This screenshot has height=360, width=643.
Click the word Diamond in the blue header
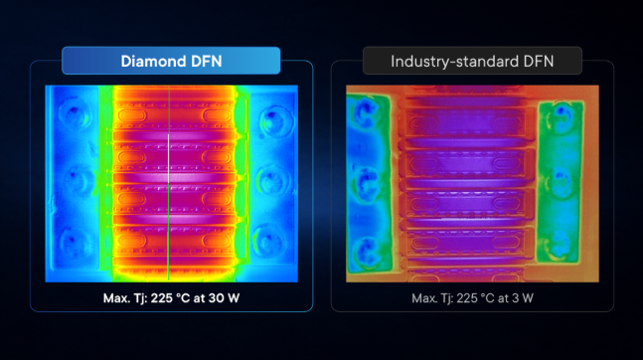point(149,62)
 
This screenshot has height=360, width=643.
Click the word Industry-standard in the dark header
point(455,62)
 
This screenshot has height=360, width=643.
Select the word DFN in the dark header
point(539,62)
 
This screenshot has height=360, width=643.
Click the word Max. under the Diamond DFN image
point(116,298)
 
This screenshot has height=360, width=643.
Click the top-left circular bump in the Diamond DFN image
point(74,112)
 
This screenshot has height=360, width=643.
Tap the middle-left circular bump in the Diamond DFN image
point(76,178)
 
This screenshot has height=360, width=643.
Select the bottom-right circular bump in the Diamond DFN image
point(268,241)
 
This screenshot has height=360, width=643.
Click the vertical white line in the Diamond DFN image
point(169,183)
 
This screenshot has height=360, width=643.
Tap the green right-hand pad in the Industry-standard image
point(561,182)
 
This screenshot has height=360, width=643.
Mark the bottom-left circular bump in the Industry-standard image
point(367,250)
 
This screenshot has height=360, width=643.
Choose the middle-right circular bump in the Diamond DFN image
point(271,180)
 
